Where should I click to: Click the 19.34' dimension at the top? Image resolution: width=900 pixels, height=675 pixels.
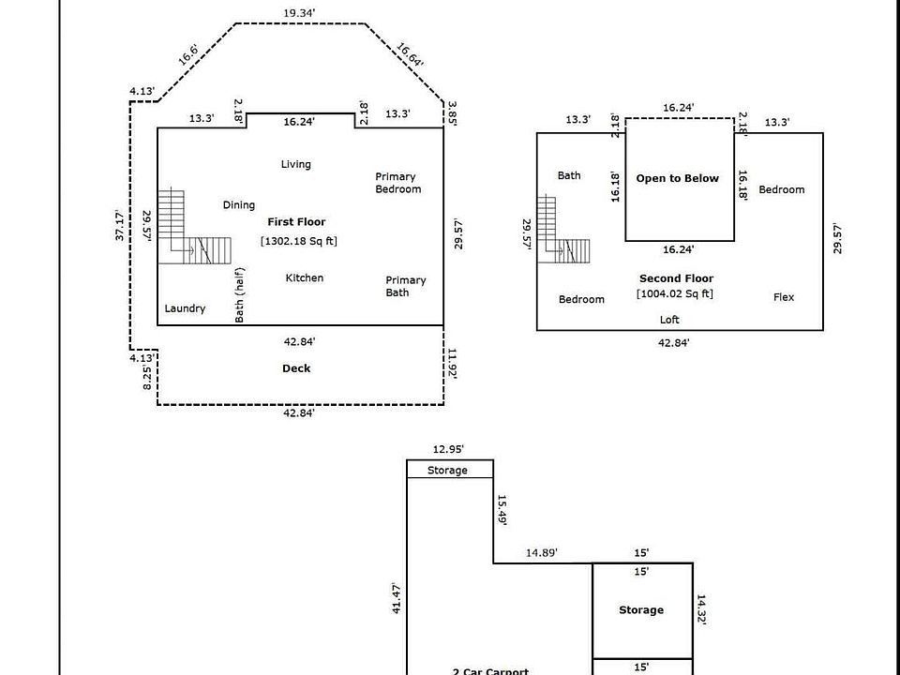[x=299, y=13]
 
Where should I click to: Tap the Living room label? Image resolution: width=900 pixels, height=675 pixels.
[x=295, y=164]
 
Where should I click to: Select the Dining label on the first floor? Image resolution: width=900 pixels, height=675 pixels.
[x=238, y=205]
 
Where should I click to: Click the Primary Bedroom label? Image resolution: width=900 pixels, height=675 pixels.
[x=397, y=183]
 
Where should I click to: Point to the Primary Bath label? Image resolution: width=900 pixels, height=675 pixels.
[x=405, y=286]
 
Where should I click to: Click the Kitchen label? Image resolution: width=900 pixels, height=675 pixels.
[x=304, y=277]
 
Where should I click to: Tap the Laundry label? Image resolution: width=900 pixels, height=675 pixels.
[x=185, y=308]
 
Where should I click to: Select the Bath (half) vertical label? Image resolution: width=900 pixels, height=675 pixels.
[x=240, y=295]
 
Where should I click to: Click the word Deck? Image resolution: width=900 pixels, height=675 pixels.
[x=296, y=368]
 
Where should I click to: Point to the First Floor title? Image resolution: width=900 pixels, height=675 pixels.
[x=296, y=222]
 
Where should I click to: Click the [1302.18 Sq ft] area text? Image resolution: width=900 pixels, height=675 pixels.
[x=298, y=241]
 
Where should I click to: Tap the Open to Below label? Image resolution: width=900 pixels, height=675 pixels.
[x=677, y=178]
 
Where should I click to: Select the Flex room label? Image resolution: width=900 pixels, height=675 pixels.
[x=784, y=297]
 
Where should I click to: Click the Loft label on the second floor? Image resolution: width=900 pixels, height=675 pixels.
[x=669, y=320]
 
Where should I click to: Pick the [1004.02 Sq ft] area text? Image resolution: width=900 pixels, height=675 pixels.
[x=674, y=293]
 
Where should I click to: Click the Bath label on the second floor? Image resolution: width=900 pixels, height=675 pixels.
[x=569, y=175]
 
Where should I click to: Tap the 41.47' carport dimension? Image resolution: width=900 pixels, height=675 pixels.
[x=397, y=597]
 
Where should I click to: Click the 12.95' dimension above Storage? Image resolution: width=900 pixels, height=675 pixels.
[x=448, y=449]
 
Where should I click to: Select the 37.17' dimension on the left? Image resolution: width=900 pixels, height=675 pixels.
[x=120, y=225]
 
